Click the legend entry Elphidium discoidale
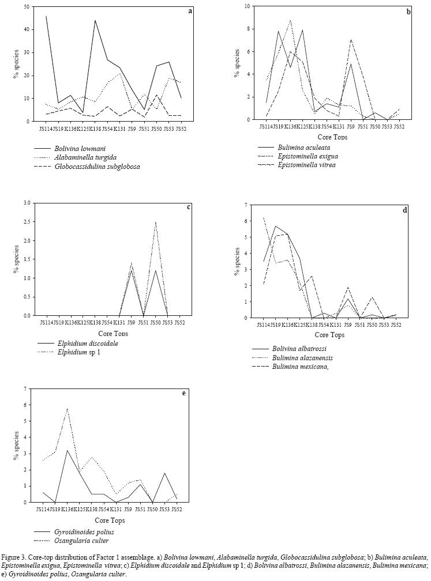point(88,343)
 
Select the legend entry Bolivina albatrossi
point(297,349)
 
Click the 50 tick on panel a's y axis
point(27,7)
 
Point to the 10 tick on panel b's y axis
point(247,6)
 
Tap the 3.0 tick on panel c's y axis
point(26,203)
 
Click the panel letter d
point(404,210)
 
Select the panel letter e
point(183,393)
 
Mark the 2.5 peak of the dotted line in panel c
point(155,222)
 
